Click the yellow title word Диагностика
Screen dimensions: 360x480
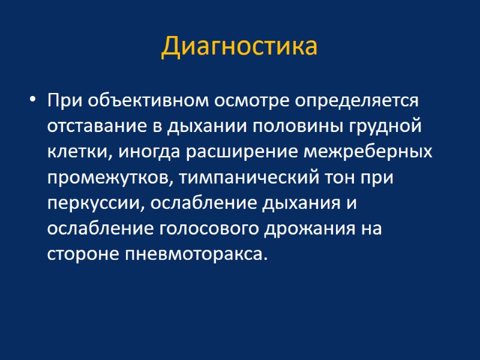(x=239, y=47)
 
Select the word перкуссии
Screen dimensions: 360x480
(x=95, y=204)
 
